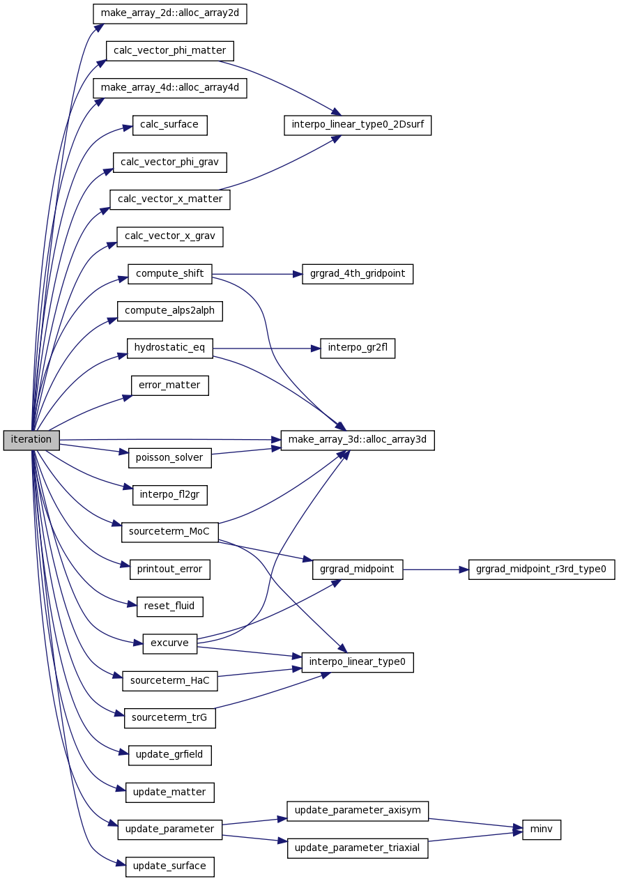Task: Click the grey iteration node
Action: coord(31,440)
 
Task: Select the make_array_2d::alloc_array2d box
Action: coord(170,14)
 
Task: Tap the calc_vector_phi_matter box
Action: coord(170,51)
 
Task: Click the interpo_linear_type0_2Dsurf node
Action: coord(358,125)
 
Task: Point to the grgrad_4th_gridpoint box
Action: coord(358,274)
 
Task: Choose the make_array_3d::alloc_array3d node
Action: coord(358,440)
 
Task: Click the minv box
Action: coord(542,829)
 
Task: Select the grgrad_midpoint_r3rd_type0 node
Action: coord(542,569)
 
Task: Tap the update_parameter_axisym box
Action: coord(358,811)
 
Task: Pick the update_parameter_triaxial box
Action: coord(358,848)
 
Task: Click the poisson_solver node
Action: coord(170,458)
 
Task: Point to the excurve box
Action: coord(170,644)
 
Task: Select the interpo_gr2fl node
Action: coord(358,348)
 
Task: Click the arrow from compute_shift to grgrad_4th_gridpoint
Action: coord(257,274)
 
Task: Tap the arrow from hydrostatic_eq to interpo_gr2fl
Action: coord(266,348)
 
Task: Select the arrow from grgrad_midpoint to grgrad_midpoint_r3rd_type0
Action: coord(436,569)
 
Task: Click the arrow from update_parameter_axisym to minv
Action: coord(475,824)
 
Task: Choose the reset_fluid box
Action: coord(170,606)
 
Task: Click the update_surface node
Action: coord(170,867)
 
